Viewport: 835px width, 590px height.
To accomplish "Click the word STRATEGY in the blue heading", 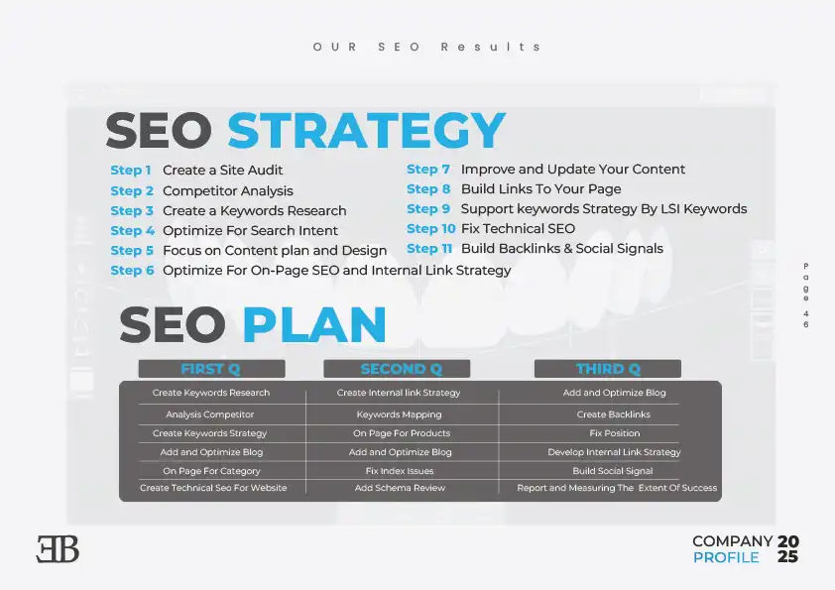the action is (x=366, y=130).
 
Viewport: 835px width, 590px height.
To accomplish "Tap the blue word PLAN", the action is (x=314, y=324).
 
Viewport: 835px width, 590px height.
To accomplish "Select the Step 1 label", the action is (x=131, y=171).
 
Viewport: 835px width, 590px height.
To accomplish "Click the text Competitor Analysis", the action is (x=228, y=190).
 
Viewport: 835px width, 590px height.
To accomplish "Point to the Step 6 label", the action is (x=132, y=271).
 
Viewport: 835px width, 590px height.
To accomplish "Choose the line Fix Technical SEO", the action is (x=518, y=229).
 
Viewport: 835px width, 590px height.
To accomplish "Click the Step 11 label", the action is (x=429, y=249).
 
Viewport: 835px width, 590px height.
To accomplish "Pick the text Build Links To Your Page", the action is (x=541, y=189).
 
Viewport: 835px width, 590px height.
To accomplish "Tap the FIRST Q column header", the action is (x=211, y=369).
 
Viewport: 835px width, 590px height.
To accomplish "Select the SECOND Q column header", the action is (x=397, y=369).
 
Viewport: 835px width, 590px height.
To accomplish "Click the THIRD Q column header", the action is (x=608, y=369).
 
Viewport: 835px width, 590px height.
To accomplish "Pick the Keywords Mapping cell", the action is (x=400, y=414).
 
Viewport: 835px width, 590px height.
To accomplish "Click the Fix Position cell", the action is (x=615, y=433).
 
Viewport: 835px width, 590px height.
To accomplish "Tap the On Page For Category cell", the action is (x=211, y=471).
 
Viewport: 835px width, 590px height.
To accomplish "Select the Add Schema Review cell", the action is (x=400, y=488).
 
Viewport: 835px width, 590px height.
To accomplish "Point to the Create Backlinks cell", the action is (x=614, y=414).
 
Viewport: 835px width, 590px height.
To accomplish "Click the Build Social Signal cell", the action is (x=613, y=471).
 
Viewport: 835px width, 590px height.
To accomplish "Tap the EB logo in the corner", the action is (x=58, y=549).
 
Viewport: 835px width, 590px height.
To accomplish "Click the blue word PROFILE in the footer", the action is (x=726, y=557).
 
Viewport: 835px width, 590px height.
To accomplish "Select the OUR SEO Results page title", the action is (x=426, y=47).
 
